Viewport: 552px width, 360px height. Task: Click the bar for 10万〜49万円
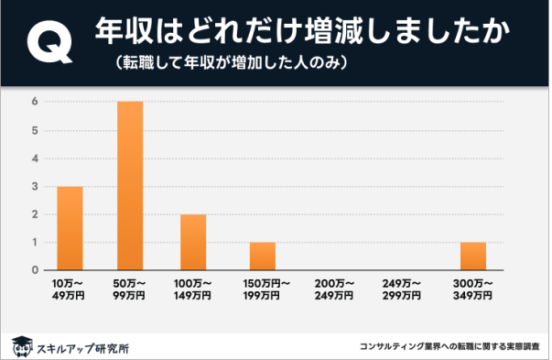pos(70,228)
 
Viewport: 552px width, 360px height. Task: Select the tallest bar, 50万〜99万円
pos(130,186)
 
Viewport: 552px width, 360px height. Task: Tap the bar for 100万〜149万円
pos(193,242)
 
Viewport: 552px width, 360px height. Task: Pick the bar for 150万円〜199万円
pos(262,256)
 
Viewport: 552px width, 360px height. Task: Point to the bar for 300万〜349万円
pos(472,256)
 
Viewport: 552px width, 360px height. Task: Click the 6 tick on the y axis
pos(34,102)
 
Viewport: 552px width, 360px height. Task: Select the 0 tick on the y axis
pos(34,270)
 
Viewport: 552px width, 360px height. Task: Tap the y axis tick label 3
pos(34,186)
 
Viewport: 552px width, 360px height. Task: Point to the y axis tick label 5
pos(34,130)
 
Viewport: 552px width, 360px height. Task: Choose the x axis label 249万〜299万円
pos(402,289)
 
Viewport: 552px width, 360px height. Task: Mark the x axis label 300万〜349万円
pos(472,289)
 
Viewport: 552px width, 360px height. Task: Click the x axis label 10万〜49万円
pos(70,289)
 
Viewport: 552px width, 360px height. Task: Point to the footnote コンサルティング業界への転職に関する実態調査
pos(449,348)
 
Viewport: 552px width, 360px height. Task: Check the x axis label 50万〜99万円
pos(130,289)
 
